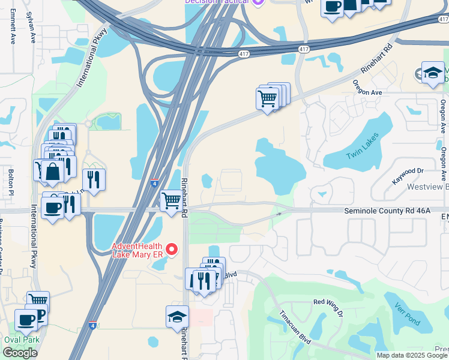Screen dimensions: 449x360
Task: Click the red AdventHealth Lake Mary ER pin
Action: (x=172, y=248)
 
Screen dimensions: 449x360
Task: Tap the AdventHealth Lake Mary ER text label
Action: (x=137, y=249)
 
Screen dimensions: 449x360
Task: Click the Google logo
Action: (x=20, y=353)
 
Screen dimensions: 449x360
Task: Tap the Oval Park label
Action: (x=22, y=339)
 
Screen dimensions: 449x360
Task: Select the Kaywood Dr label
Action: (x=408, y=172)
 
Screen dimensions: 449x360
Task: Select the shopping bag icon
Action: (x=53, y=172)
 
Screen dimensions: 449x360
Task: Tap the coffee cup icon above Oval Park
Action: (x=26, y=320)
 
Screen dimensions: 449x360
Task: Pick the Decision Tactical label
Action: (x=216, y=2)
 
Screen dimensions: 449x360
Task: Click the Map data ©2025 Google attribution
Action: (x=412, y=355)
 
